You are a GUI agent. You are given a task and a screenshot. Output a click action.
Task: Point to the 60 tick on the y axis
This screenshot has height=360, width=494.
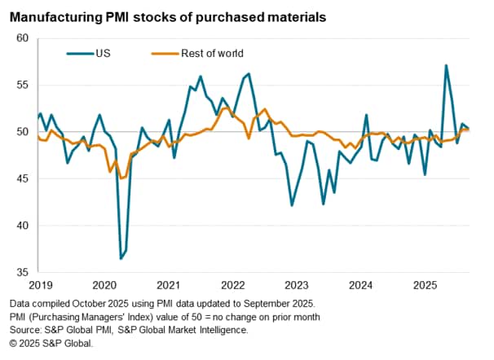pos(22,38)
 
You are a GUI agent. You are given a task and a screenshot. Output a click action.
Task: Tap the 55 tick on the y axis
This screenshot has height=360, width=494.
pos(22,85)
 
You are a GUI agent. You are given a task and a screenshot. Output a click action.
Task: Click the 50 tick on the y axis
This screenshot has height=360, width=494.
pos(22,132)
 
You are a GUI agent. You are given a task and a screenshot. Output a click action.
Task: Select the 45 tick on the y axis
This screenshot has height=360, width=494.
pos(22,178)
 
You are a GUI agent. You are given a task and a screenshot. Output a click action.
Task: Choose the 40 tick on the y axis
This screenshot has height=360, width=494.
pos(22,226)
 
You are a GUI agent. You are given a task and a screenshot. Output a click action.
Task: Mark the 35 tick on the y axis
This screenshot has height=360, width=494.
pos(22,272)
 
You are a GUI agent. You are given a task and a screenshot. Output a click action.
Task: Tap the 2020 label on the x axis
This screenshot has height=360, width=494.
pos(104,286)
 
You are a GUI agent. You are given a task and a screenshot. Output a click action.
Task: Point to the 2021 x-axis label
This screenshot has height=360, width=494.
pos(168,286)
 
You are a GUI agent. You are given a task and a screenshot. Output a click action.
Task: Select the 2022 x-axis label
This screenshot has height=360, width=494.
pos(232,286)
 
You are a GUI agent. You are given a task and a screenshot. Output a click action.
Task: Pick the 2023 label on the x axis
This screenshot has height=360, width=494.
pos(296,286)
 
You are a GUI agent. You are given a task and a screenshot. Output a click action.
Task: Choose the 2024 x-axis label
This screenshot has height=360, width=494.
pos(359,286)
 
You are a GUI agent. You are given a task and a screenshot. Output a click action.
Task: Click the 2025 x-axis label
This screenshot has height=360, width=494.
pos(424,286)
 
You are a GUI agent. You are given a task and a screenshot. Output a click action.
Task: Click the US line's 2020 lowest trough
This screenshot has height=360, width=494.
pos(121,258)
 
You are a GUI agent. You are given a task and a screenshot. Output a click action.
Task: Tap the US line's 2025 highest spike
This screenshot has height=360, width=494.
pos(446,65)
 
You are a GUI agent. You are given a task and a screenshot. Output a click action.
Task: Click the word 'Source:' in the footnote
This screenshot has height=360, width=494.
pos(24,330)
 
